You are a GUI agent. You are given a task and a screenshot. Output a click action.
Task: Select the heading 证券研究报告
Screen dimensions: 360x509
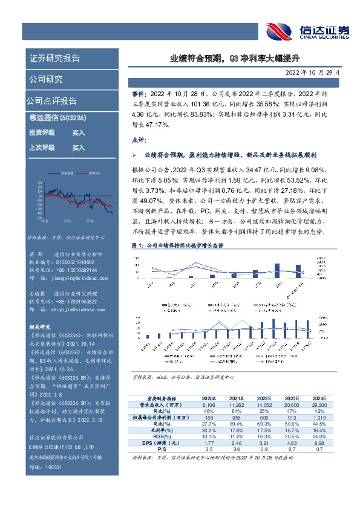(54, 59)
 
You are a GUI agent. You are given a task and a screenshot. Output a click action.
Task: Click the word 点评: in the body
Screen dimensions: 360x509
(140, 140)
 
